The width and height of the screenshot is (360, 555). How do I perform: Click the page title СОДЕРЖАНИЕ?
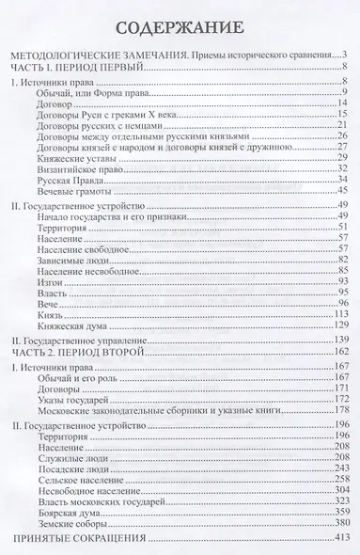(180, 24)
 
